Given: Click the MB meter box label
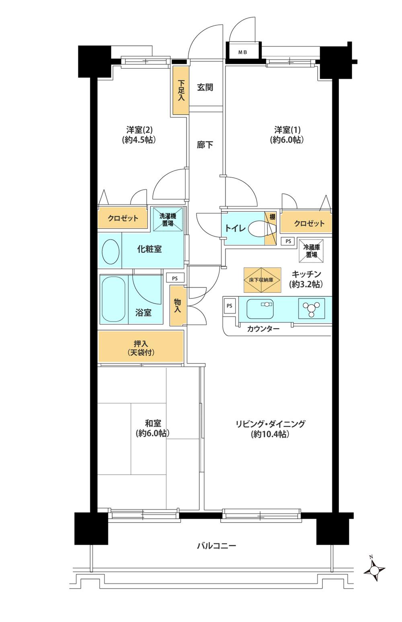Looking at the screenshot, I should (243, 52).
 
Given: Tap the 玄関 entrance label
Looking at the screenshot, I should (205, 87).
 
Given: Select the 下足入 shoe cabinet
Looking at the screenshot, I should (180, 92).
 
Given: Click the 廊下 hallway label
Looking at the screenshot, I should (205, 145).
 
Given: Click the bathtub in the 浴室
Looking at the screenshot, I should (114, 298).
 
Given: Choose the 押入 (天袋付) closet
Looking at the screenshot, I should (141, 348).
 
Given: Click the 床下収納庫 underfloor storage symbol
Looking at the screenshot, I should (261, 279).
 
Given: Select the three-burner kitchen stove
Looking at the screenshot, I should (312, 308).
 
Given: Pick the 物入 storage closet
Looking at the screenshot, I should (177, 306).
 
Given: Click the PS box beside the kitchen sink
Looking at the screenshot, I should (230, 306).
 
